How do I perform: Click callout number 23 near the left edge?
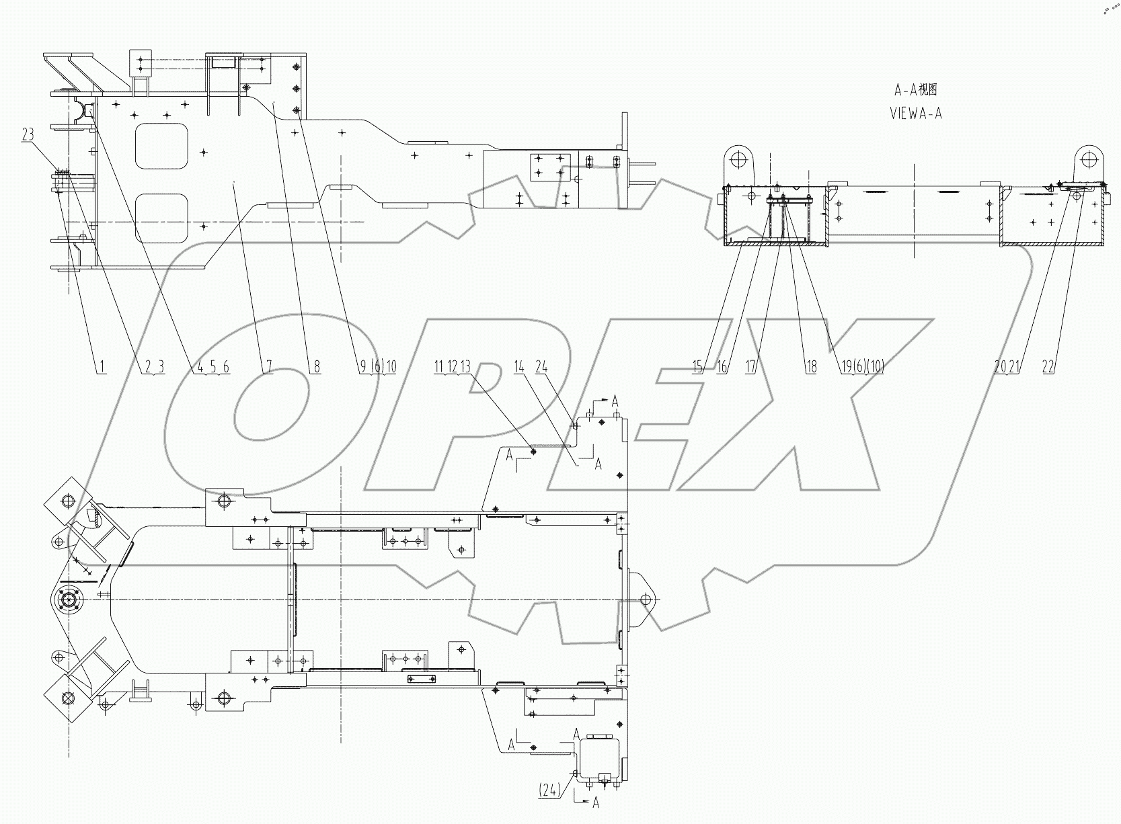click(28, 134)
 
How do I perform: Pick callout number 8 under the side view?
click(316, 367)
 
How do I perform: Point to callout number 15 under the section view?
click(697, 367)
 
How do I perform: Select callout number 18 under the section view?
click(811, 367)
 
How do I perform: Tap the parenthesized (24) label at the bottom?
click(549, 791)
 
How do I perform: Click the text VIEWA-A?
click(915, 114)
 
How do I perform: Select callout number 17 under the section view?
click(751, 367)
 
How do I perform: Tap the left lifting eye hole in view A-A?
click(738, 160)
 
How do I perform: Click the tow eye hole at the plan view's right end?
click(646, 599)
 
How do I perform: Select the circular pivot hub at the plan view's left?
click(68, 599)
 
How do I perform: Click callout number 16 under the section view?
click(722, 367)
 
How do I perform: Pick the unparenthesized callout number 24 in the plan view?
click(541, 367)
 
